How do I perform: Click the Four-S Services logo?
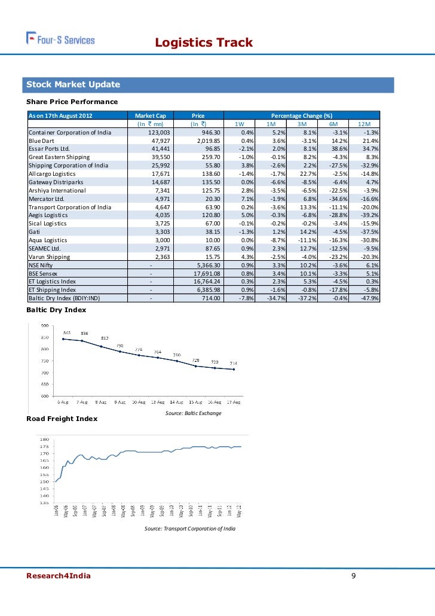[x=60, y=39]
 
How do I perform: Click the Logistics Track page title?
[x=204, y=42]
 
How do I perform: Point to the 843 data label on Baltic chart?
[x=68, y=333]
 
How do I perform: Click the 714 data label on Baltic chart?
[x=234, y=363]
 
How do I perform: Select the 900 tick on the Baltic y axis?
[x=45, y=325]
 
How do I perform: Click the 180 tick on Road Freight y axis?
[x=44, y=440]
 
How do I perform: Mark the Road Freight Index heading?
[x=62, y=419]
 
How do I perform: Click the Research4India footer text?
[x=58, y=576]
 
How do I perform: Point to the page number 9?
[x=354, y=576]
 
